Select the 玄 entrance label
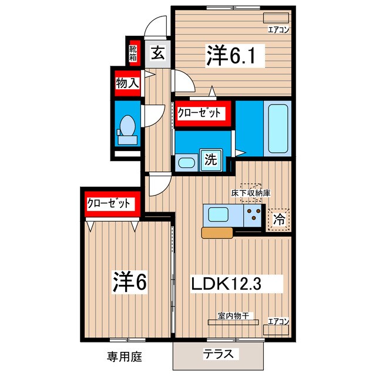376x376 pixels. pyautogui.click(x=157, y=54)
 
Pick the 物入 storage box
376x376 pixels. pyautogui.click(x=127, y=83)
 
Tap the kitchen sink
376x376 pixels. pyautogui.click(x=216, y=214)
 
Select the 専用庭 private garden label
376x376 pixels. pyautogui.click(x=125, y=356)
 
